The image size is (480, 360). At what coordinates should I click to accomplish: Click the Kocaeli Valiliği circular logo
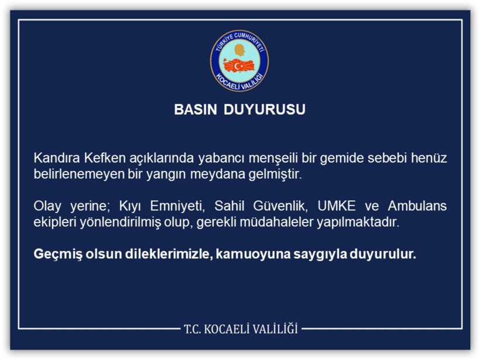(239, 60)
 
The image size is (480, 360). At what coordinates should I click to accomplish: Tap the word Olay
(47, 207)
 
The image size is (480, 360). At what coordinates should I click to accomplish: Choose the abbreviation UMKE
(337, 207)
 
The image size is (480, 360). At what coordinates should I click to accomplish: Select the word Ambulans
(419, 207)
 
